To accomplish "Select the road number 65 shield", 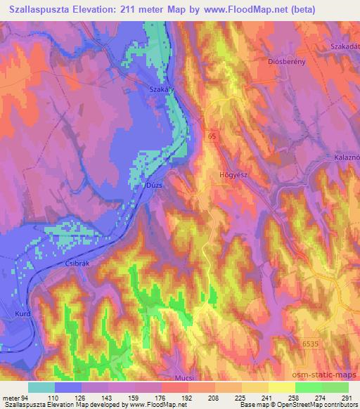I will click(x=211, y=137).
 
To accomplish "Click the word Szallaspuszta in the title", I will click(x=45, y=10).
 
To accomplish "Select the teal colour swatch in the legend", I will click(x=41, y=387).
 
